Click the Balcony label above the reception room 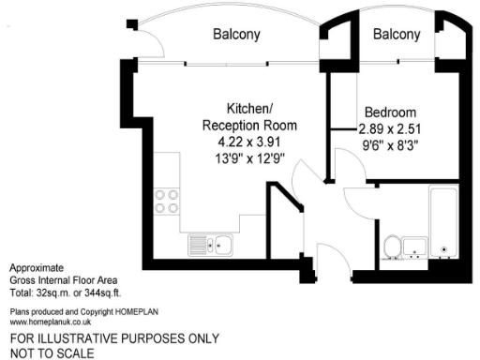pos(236,35)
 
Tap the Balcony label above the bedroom pos(397,35)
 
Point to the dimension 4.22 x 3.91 pos(249,142)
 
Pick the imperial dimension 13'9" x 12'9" pos(249,158)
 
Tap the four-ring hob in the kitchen pos(166,202)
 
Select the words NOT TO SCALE pos(52,352)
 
